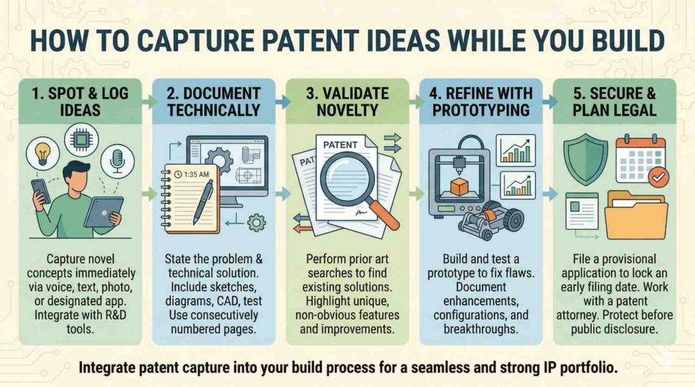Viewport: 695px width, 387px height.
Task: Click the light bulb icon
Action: (x=43, y=153)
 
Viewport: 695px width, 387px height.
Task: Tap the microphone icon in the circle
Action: (x=117, y=161)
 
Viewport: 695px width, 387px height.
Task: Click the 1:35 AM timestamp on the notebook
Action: (x=191, y=174)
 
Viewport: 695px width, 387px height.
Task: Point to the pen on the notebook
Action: (x=203, y=201)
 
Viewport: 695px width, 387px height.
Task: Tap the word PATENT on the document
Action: (x=340, y=145)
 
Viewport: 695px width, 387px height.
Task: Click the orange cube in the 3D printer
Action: (x=459, y=187)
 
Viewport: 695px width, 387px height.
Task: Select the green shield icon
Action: (x=586, y=159)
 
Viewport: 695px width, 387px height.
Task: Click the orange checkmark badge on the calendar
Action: (x=658, y=177)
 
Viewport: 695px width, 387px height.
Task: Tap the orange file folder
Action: (x=636, y=216)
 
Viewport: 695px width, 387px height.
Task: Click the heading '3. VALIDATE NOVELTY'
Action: (x=347, y=102)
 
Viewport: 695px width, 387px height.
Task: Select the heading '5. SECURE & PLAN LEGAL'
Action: (x=614, y=102)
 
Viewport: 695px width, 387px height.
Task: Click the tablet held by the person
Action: (x=104, y=212)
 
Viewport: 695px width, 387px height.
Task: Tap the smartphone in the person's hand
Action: (x=40, y=191)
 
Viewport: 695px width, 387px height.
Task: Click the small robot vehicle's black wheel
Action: (x=514, y=218)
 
